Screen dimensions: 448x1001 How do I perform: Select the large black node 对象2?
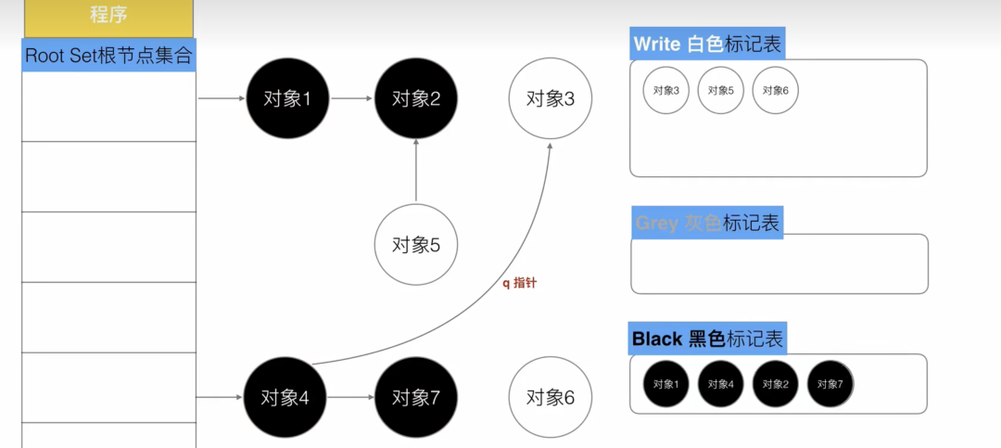point(415,98)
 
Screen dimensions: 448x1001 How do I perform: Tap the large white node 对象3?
point(551,98)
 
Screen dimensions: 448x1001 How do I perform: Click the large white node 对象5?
point(415,245)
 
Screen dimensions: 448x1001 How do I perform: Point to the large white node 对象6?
point(551,398)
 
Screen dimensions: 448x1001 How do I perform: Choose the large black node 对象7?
point(415,398)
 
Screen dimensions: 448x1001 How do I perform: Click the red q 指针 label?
point(519,283)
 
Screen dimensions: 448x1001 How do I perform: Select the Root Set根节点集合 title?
point(108,55)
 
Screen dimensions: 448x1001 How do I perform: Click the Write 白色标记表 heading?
point(708,44)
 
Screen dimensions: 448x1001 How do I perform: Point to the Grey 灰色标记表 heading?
point(707,223)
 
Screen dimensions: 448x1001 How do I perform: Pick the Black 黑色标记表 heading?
point(707,339)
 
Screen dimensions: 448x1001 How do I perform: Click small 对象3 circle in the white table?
point(665,91)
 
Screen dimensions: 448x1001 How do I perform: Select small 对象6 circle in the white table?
point(775,91)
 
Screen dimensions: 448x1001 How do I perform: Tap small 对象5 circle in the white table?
point(720,91)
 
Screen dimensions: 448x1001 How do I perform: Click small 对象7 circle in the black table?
point(830,384)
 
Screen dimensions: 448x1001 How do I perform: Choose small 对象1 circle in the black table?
point(665,384)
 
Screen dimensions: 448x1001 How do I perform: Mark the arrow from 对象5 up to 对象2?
point(415,172)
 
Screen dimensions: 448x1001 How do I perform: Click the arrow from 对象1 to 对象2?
point(351,98)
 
